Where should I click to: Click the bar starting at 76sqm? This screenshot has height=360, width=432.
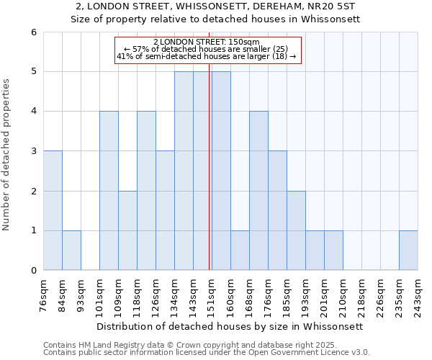(53, 210)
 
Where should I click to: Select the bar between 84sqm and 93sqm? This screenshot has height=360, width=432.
(71, 250)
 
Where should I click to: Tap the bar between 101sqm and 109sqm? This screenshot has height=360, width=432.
(109, 191)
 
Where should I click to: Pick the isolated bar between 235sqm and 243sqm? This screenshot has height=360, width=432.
(408, 250)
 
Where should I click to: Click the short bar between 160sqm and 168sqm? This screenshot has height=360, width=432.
(240, 250)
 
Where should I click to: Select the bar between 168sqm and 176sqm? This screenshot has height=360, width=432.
(258, 191)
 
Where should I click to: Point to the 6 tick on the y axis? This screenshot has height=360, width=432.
(33, 32)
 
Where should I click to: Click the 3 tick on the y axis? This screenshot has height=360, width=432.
(33, 151)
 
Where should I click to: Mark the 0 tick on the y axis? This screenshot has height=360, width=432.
(33, 271)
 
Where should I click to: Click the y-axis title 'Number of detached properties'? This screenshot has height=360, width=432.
(7, 155)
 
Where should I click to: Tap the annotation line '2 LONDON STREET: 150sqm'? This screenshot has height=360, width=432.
(207, 42)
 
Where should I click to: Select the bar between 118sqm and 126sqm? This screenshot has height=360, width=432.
(146, 191)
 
